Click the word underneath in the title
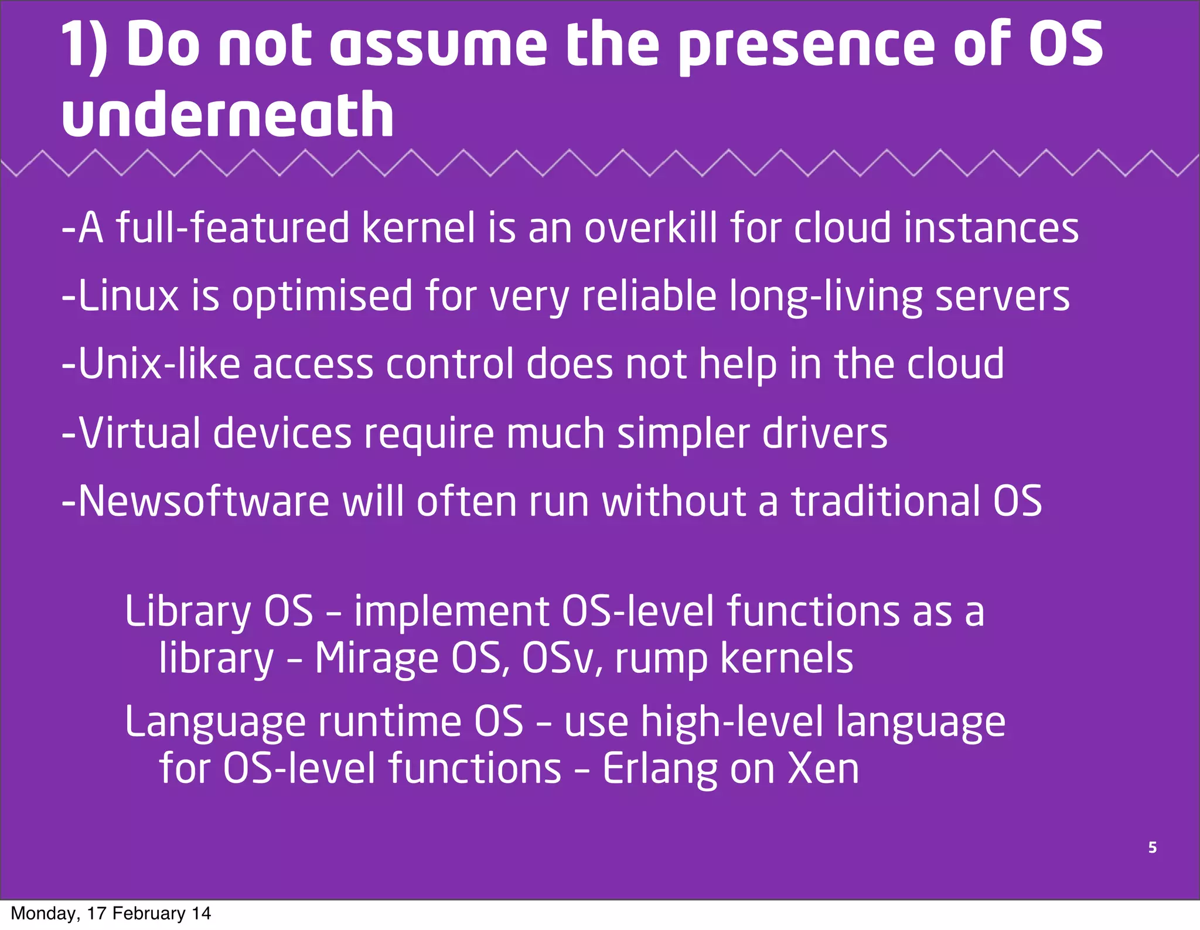(x=227, y=115)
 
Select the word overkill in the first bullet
(x=651, y=228)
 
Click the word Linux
(x=128, y=296)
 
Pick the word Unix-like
(x=159, y=364)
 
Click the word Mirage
(x=376, y=658)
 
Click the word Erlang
(x=660, y=769)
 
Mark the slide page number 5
(x=1152, y=847)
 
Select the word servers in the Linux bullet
(x=1002, y=296)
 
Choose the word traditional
(x=885, y=501)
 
